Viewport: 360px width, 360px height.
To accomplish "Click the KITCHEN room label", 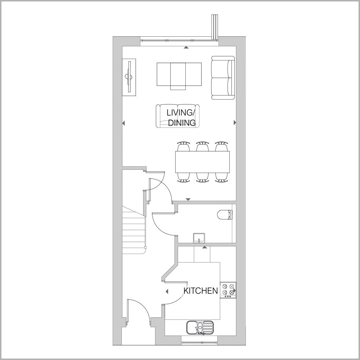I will coord(201,291).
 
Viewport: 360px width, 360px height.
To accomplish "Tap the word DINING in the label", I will coord(182,123).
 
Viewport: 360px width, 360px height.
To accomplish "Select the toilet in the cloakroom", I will coord(225,215).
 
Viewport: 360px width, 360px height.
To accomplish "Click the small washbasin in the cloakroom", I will coord(199,237).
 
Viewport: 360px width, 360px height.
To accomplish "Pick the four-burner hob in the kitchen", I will coord(228,290).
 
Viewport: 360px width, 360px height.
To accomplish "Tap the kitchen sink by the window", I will coord(200,328).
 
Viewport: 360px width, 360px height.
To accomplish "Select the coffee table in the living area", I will coord(179,75).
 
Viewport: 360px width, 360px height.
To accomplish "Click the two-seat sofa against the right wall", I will coord(223,77).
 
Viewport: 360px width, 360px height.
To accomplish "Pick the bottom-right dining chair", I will coord(221,177).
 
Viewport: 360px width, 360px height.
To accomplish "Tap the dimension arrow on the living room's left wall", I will coord(123,123).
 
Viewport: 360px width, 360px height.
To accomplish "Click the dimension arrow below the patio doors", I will coord(186,48).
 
